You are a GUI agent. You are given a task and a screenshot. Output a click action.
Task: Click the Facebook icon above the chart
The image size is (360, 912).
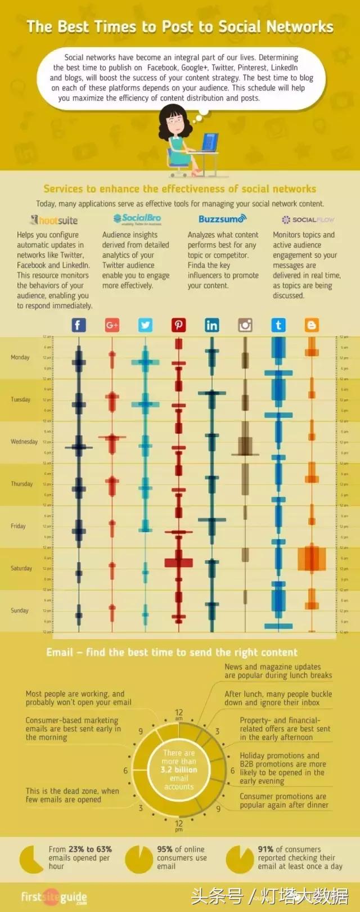pyautogui.click(x=78, y=325)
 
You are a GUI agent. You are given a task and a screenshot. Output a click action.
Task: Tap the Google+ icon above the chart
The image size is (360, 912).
pyautogui.click(x=112, y=325)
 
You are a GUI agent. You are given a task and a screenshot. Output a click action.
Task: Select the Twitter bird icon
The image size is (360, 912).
pyautogui.click(x=145, y=325)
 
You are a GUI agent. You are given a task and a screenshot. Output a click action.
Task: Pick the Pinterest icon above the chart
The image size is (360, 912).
pyautogui.click(x=178, y=325)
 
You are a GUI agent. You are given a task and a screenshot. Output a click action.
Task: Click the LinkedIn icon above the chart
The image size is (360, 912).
pyautogui.click(x=211, y=325)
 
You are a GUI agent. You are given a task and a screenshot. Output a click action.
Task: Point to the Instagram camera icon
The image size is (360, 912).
pyautogui.click(x=245, y=325)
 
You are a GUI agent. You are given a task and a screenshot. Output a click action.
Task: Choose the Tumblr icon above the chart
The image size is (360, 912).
pyautogui.click(x=278, y=325)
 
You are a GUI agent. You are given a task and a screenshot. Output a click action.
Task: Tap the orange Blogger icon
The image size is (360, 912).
pyautogui.click(x=311, y=325)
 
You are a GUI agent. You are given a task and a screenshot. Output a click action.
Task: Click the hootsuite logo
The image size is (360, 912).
pyautogui.click(x=55, y=220)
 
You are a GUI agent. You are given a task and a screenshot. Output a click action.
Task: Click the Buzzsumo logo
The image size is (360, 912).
pyautogui.click(x=222, y=219)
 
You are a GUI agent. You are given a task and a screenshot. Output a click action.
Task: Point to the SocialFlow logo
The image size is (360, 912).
pyautogui.click(x=308, y=219)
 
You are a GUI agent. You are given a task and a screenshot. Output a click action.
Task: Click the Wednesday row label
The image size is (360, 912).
pyautogui.click(x=24, y=442)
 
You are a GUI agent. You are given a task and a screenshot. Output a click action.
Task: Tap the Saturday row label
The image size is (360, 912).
pyautogui.click(x=21, y=568)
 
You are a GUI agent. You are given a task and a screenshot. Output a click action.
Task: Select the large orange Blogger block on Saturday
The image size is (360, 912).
pyautogui.click(x=312, y=558)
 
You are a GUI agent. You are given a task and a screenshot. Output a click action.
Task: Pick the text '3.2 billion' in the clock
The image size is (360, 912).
pyautogui.click(x=179, y=770)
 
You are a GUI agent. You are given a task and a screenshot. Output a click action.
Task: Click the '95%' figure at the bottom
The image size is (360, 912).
pyautogui.click(x=165, y=849)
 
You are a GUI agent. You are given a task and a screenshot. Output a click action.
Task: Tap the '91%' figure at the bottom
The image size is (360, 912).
pyautogui.click(x=265, y=849)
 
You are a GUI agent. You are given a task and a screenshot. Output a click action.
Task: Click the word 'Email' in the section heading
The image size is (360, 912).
pyautogui.click(x=60, y=652)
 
